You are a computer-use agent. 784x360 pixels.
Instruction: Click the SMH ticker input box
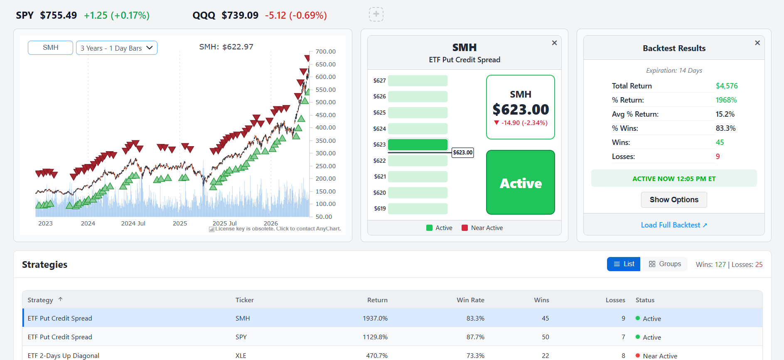click(x=50, y=48)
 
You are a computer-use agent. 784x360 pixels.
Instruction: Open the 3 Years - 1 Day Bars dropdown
click(x=117, y=48)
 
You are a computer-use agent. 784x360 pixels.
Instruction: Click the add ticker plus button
click(x=376, y=15)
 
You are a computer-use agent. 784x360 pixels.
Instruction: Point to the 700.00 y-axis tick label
click(x=325, y=51)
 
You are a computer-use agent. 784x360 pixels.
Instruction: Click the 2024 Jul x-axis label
click(x=133, y=223)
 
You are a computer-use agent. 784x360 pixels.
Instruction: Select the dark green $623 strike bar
click(x=418, y=144)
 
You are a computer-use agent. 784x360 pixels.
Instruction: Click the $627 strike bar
click(x=418, y=81)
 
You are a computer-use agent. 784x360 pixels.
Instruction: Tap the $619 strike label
click(x=380, y=208)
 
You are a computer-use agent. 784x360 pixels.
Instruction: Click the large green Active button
click(x=521, y=182)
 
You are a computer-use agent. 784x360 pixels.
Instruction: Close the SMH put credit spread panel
click(x=554, y=43)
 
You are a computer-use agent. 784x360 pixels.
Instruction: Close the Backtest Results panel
click(x=757, y=43)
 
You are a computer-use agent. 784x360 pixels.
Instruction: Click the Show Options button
click(x=674, y=200)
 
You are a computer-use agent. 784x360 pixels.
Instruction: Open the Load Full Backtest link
click(x=674, y=225)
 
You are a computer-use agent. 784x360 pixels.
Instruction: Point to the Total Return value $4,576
click(x=727, y=86)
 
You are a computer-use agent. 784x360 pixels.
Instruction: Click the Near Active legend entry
click(x=482, y=228)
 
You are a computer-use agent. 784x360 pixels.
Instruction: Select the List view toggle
click(x=624, y=264)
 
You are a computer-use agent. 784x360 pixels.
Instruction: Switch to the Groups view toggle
click(x=665, y=264)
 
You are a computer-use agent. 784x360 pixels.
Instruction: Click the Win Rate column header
click(x=470, y=300)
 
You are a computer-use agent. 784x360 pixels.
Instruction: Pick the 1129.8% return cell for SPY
click(x=375, y=337)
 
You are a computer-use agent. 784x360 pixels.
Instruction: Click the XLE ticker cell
click(x=241, y=356)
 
